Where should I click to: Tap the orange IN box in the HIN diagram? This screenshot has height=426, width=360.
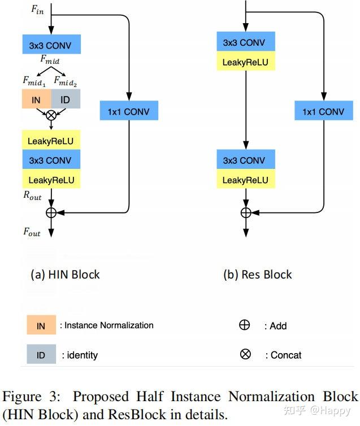37,99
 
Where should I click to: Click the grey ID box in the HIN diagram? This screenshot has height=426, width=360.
66,99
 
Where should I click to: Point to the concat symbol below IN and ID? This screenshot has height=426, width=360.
51,116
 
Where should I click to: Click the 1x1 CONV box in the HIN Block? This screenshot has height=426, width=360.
129,111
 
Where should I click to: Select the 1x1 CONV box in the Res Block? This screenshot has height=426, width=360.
323,111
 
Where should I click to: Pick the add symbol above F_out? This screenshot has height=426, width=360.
51,212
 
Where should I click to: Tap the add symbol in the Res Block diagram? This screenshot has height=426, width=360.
246,212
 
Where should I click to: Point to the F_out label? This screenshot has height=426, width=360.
32,232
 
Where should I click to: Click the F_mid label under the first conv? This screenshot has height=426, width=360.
51,59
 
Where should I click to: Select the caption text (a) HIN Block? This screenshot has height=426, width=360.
65,275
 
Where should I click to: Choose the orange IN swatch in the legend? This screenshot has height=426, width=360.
41,325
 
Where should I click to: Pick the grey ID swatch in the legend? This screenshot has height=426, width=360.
41,355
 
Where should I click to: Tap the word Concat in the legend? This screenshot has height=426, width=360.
286,355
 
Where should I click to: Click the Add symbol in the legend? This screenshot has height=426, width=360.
245,325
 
